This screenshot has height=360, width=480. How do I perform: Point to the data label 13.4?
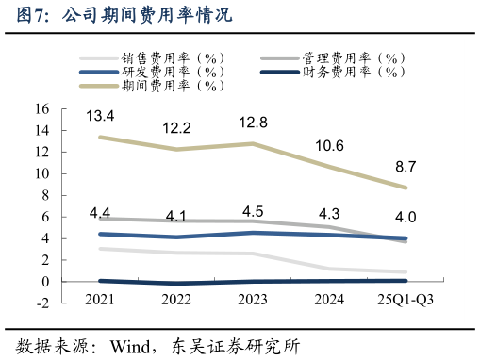[100, 116]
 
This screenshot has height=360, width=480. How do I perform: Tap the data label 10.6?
[330, 145]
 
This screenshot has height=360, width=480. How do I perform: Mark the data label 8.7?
[406, 166]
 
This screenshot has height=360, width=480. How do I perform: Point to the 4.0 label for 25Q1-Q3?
[406, 218]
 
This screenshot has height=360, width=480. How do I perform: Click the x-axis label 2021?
[100, 299]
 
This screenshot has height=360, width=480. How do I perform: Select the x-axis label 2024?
[329, 299]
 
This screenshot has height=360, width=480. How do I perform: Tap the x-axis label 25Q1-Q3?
[406, 299]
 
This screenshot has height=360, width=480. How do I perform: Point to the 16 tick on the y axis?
[41, 109]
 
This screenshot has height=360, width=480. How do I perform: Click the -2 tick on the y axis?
[41, 303]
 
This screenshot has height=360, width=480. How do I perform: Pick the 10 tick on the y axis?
[41, 173]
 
